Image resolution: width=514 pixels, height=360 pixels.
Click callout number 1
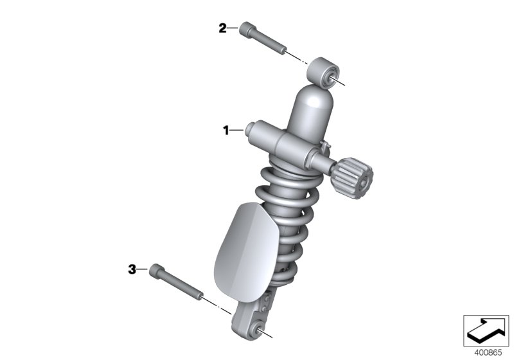(x=226, y=130)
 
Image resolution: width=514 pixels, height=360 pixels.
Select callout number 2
(x=222, y=28)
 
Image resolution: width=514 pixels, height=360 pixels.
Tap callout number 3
(x=132, y=269)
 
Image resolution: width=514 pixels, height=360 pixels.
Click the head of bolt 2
(x=249, y=30)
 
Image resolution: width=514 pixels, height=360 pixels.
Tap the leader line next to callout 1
(x=238, y=130)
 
